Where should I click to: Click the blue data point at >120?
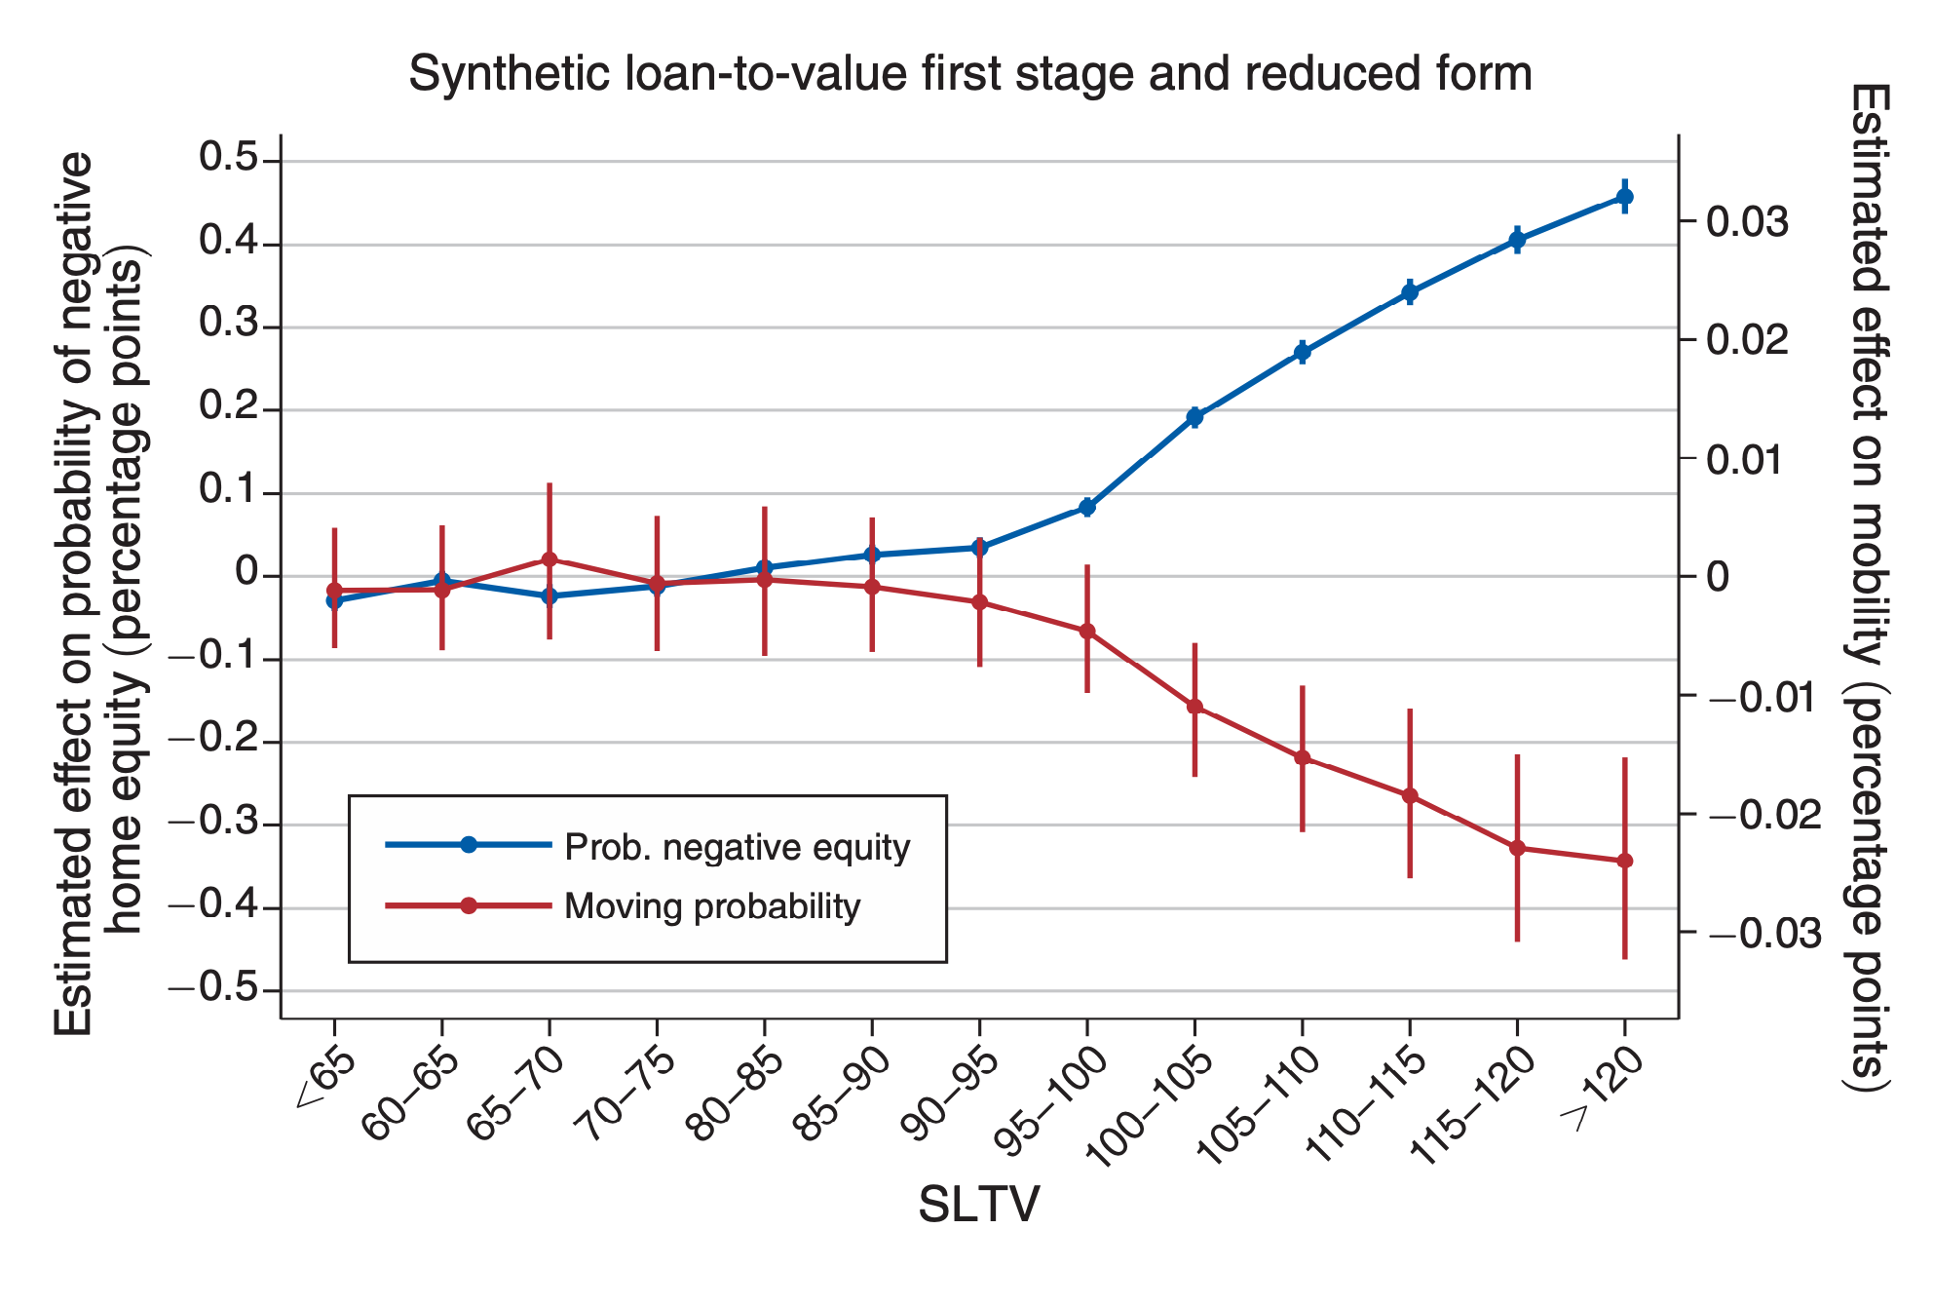1624,197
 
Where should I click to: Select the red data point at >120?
1624,861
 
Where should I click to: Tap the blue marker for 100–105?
1194,417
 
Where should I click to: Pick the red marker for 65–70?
550,559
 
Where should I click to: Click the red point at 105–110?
1302,757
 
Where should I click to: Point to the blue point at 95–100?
1087,507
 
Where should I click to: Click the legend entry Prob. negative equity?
737,847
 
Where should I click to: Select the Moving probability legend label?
712,906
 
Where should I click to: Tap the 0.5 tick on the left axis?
227,159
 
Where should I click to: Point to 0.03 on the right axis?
1748,222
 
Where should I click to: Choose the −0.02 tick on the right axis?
1764,815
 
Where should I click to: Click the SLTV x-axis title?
978,1205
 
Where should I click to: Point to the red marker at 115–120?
1517,848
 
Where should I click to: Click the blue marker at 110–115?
1410,292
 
